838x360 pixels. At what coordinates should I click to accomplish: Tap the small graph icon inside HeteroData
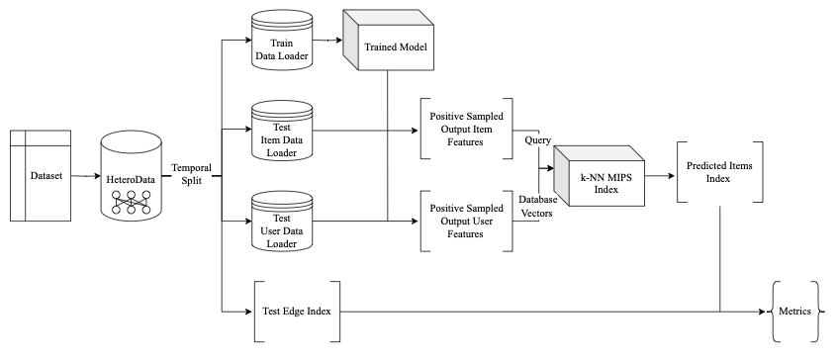point(131,202)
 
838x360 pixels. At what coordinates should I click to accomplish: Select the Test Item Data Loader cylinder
point(283,130)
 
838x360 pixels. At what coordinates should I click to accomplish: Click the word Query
point(538,140)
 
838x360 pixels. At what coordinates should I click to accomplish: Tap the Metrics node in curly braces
point(794,311)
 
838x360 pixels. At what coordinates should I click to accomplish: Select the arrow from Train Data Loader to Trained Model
point(328,42)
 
